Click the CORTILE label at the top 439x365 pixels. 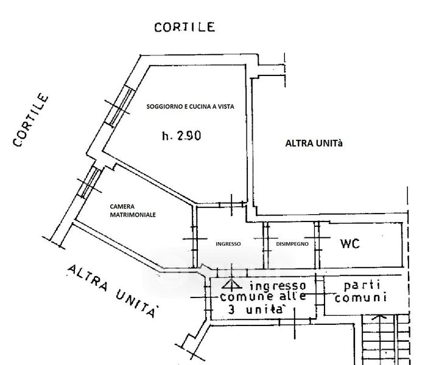click(x=184, y=27)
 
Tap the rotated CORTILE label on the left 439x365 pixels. click(x=30, y=120)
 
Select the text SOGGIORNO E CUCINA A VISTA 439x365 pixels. click(x=190, y=106)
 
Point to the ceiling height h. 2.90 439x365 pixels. click(x=181, y=136)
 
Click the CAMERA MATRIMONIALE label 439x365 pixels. click(x=133, y=210)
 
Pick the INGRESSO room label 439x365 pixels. click(x=228, y=243)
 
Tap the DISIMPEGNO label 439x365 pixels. click(x=292, y=243)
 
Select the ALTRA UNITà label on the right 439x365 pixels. click(x=315, y=144)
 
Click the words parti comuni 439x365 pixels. click(x=363, y=291)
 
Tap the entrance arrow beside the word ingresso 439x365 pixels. click(x=230, y=284)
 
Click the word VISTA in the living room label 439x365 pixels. click(x=224, y=106)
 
